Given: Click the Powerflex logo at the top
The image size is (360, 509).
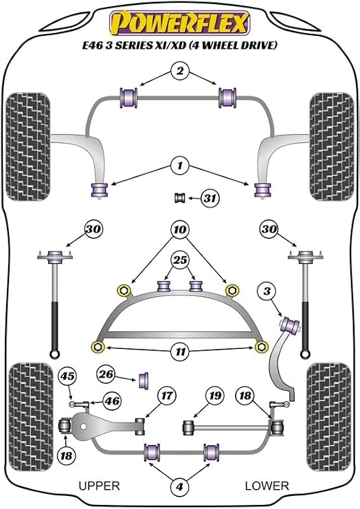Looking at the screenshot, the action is tap(180, 23).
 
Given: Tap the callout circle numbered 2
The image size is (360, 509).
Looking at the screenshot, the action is tap(180, 71).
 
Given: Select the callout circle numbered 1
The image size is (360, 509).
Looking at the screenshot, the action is tap(180, 166).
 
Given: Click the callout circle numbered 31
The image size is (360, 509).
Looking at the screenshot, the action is tap(210, 198).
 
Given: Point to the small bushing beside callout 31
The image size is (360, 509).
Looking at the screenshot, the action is tap(179, 198).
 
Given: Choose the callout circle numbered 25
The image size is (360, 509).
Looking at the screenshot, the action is tap(180, 260).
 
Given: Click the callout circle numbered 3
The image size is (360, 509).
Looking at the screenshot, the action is tap(267, 291).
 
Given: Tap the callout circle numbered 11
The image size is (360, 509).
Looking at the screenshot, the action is tap(180, 352).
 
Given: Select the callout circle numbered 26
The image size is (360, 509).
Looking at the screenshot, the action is tap(106, 374).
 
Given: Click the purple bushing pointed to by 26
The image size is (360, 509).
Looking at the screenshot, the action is tap(144, 381).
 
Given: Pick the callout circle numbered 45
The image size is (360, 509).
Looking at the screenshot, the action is tap(67, 376).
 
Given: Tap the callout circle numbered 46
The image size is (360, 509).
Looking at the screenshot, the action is tap(112, 401).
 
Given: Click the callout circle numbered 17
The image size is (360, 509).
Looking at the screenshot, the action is tap(167, 396).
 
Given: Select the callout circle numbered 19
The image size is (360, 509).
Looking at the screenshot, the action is tap(215, 396).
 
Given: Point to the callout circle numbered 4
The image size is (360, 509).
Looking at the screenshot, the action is tap(179, 486).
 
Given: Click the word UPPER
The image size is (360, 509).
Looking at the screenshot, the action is tap(100, 486).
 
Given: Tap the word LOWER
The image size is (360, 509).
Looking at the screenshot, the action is tap(267, 486).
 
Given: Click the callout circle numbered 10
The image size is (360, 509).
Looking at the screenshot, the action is tap(180, 230).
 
